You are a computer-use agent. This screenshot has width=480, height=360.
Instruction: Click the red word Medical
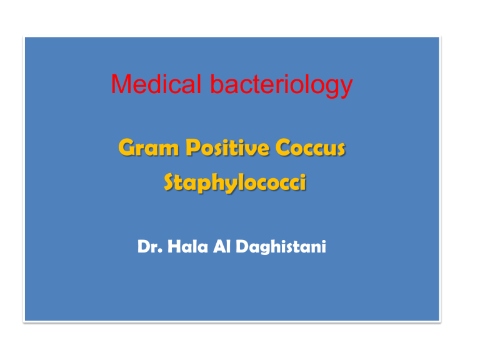pyautogui.click(x=156, y=84)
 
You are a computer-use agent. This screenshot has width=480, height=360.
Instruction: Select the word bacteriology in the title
pyautogui.click(x=281, y=86)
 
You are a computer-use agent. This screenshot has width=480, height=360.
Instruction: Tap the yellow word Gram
pyautogui.click(x=149, y=147)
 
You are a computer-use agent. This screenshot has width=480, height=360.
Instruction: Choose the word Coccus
pyautogui.click(x=311, y=147)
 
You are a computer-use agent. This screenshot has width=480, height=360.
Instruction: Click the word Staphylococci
pyautogui.click(x=235, y=182)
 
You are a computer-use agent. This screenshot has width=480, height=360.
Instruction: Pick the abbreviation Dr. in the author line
pyautogui.click(x=150, y=246)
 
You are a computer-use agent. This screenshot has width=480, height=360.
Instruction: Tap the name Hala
pyautogui.click(x=187, y=246)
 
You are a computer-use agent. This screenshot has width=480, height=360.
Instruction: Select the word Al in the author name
pyautogui.click(x=222, y=246)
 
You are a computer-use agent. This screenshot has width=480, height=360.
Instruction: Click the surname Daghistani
pyautogui.click(x=281, y=247)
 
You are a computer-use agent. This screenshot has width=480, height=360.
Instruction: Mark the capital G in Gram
pyautogui.click(x=127, y=147)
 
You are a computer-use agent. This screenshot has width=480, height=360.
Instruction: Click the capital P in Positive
pyautogui.click(x=194, y=147)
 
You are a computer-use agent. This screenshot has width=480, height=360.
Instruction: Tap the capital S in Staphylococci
pyautogui.click(x=171, y=182)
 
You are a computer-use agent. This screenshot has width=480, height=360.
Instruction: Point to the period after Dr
pyautogui.click(x=161, y=251)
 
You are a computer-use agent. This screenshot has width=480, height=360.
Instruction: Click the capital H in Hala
pyautogui.click(x=174, y=246)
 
